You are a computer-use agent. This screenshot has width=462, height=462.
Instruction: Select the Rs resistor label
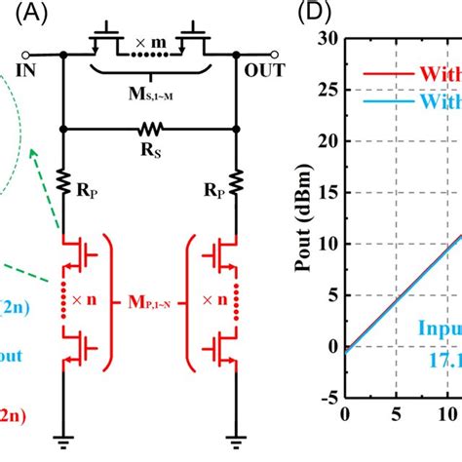151,153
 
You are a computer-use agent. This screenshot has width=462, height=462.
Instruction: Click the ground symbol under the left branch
63,438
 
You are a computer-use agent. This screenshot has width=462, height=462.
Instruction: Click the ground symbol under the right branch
236,438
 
